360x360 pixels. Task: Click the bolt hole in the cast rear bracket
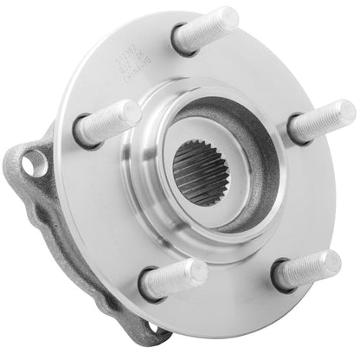tap(33, 160)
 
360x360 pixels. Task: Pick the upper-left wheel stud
tap(107, 123)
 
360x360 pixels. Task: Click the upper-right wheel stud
tap(320, 121)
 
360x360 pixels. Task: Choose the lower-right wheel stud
tap(308, 270)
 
